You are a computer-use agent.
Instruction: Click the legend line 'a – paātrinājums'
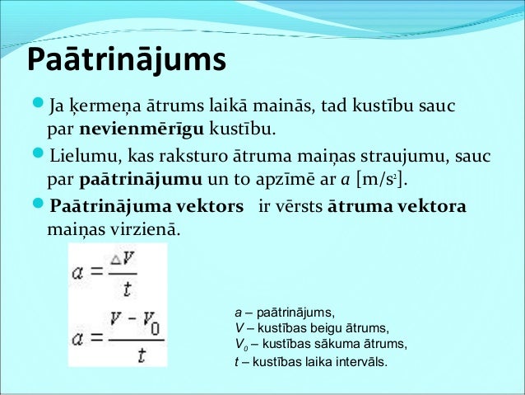pyautogui.click(x=285, y=313)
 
